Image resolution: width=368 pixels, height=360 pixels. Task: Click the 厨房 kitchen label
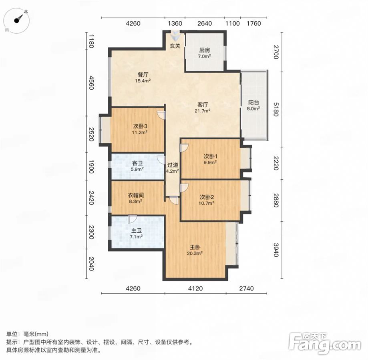(x=204, y=50)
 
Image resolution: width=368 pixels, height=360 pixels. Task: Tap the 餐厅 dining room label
(x=143, y=75)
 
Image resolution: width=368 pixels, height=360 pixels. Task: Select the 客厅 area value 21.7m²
(x=202, y=111)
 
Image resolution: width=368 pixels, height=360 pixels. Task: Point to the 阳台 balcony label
(x=253, y=102)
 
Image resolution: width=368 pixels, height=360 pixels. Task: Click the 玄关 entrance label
(x=175, y=46)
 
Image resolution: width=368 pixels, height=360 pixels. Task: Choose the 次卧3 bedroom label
(x=140, y=126)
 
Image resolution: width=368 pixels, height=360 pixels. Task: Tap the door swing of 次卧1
(x=184, y=148)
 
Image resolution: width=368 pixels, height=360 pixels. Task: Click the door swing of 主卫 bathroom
(x=133, y=219)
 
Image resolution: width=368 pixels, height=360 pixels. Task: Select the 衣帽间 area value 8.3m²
(x=135, y=201)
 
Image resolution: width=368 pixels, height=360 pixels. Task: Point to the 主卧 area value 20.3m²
(x=195, y=253)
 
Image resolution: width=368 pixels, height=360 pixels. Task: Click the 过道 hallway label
(x=173, y=165)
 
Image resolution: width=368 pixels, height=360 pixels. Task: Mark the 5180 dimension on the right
(x=276, y=109)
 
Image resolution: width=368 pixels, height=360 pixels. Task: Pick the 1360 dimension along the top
(x=175, y=24)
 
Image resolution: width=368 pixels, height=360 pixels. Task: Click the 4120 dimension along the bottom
(x=195, y=288)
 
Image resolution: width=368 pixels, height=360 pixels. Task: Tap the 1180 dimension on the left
(x=91, y=41)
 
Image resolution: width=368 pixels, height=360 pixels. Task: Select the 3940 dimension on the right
(x=276, y=250)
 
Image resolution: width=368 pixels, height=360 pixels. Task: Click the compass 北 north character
(x=26, y=11)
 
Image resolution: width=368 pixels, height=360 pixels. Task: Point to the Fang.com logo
(x=325, y=343)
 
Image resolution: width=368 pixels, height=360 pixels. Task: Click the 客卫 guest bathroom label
(x=137, y=163)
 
